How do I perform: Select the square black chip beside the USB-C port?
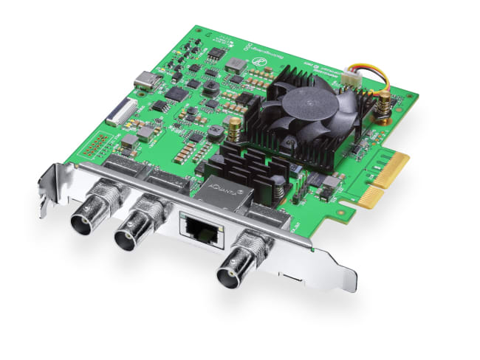[176, 94]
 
